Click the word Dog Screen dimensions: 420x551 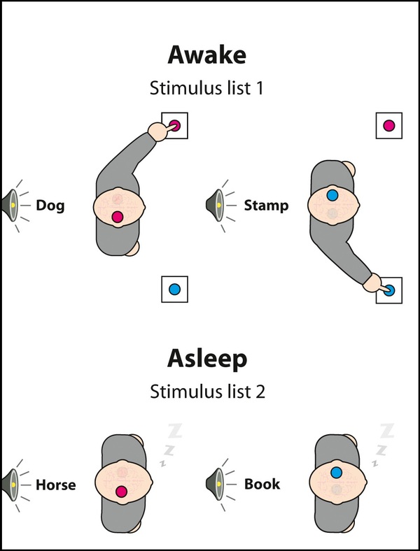50,206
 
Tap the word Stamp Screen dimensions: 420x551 266,206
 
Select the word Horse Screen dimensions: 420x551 55,485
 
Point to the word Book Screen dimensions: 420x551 262,485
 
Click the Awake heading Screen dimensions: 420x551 206,55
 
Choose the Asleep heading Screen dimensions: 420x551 207,359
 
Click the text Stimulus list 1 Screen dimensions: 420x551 206,88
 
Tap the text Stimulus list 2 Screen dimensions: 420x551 207,392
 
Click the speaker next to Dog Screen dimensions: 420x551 10,205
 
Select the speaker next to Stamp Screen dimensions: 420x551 215,205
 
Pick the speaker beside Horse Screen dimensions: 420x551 10,485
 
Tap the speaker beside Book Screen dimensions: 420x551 215,484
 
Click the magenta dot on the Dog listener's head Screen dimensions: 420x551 118,217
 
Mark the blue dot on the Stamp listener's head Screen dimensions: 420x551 332,195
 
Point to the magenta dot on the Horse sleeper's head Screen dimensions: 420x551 121,492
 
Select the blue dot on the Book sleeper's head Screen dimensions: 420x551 336,473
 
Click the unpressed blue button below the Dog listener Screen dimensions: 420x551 174,289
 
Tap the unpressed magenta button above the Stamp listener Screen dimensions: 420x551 389,125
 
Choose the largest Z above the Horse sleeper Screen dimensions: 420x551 175,431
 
